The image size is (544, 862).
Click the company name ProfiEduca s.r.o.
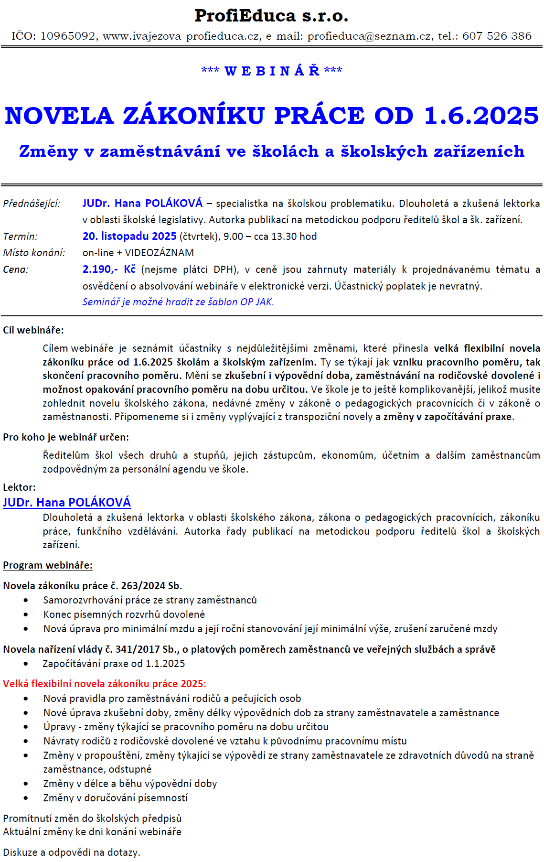point(271,16)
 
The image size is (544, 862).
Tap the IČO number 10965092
point(68,36)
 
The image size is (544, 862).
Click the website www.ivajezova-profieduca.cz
point(182,36)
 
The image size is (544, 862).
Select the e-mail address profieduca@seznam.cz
point(369,36)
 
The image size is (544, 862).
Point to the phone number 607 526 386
point(497,36)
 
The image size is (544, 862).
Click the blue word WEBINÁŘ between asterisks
point(272,71)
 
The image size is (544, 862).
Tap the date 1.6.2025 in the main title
point(481,116)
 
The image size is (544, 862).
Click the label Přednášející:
point(32,204)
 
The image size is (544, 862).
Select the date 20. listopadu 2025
point(129,237)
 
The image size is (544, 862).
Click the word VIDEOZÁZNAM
point(160,253)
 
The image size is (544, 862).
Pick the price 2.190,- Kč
point(109,269)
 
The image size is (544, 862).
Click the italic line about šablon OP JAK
point(178,302)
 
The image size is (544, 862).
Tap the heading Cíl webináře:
point(33,330)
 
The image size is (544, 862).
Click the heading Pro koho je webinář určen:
point(66,437)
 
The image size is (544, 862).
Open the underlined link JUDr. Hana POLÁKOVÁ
point(67,503)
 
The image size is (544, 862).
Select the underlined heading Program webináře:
point(48,565)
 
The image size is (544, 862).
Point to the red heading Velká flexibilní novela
point(104,684)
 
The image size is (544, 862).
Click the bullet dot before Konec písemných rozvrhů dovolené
point(26,615)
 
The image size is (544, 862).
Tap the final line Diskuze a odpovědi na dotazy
point(72,852)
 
